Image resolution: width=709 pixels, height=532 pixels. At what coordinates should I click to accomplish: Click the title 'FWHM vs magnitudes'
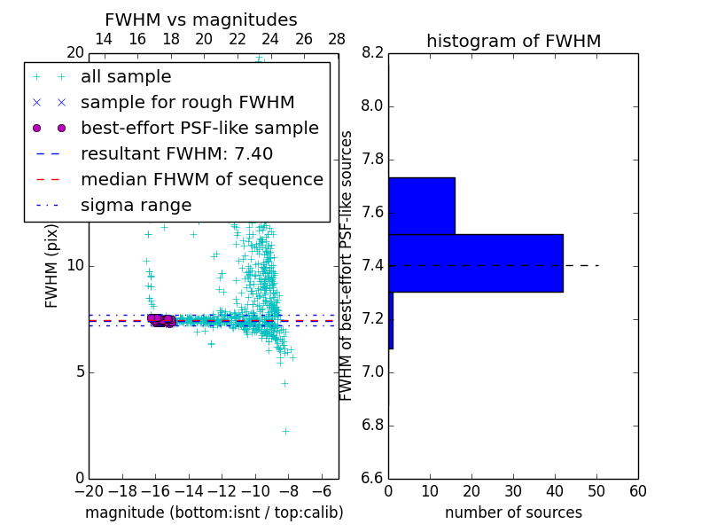(x=201, y=20)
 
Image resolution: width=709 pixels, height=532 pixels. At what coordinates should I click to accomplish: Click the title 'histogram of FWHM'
(x=513, y=41)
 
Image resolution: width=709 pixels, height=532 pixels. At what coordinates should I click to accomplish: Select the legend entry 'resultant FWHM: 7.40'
(x=176, y=153)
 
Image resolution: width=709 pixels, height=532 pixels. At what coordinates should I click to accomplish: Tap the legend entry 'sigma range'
(x=136, y=205)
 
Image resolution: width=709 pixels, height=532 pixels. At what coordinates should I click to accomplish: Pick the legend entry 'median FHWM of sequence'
(x=201, y=179)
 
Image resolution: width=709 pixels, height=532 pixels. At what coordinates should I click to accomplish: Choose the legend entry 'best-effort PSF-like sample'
(x=199, y=128)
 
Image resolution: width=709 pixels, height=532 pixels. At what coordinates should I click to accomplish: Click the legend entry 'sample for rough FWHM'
(x=187, y=102)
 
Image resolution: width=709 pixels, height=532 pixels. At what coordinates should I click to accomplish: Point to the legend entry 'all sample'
(x=126, y=76)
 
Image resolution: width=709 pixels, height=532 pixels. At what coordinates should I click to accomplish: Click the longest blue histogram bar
(x=475, y=262)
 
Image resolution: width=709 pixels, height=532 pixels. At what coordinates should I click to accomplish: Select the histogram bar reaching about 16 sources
(x=421, y=206)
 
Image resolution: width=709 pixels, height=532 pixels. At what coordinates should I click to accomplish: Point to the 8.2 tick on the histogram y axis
(x=373, y=53)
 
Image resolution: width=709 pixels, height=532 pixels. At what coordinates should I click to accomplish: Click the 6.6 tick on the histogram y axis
(x=373, y=478)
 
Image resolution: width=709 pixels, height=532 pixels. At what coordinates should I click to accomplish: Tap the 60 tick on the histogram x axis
(x=637, y=491)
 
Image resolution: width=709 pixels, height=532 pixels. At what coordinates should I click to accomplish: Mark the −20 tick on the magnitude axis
(x=89, y=491)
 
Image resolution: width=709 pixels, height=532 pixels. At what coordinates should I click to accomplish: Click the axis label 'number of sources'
(x=513, y=512)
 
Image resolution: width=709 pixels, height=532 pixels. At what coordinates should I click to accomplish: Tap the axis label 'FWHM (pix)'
(x=52, y=265)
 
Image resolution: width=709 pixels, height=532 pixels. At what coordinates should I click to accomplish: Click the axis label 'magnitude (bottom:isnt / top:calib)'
(x=214, y=512)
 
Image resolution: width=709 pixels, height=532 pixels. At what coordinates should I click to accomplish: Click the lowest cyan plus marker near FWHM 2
(x=285, y=431)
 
